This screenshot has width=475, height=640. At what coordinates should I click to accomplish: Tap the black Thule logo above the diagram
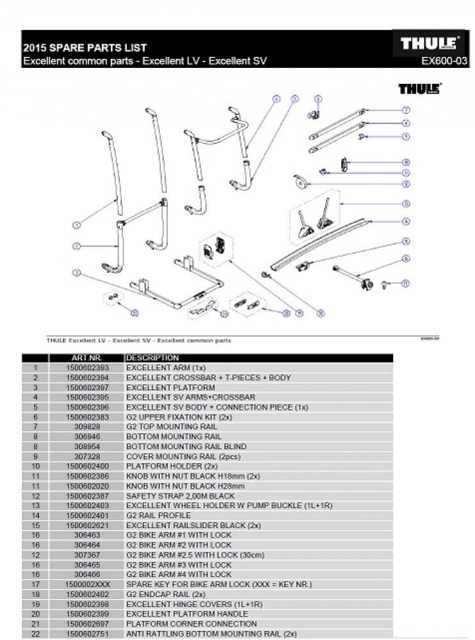419,89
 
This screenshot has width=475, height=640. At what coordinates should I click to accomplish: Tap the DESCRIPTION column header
152,358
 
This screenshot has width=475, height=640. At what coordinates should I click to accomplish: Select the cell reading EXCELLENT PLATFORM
170,388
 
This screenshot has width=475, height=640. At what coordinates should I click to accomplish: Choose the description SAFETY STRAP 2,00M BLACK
181,496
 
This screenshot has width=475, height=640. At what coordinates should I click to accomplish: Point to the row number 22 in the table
36,634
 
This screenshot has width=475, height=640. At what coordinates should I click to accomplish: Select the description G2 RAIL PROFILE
157,516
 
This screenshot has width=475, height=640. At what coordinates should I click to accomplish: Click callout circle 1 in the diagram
76,225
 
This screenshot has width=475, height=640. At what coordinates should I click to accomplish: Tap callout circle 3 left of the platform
76,273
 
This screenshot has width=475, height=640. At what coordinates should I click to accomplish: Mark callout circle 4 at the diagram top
277,99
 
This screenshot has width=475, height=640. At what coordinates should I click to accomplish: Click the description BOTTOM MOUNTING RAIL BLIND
186,447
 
